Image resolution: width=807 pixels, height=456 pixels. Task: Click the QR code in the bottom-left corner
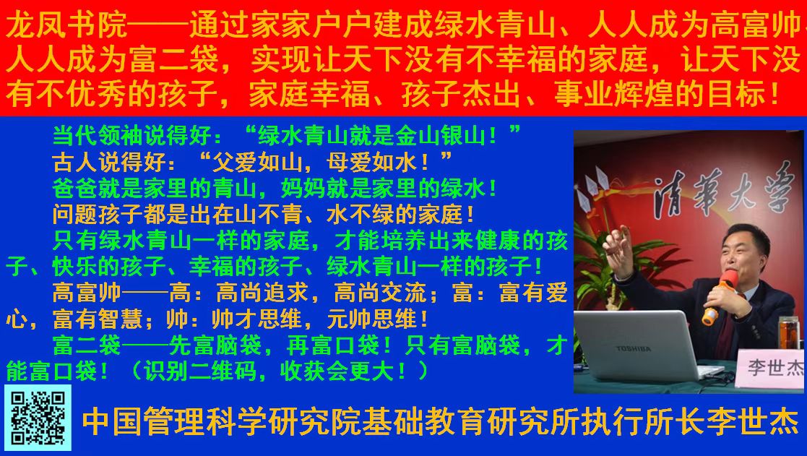pos(38,418)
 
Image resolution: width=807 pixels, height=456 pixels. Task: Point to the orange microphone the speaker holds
pos(720,296)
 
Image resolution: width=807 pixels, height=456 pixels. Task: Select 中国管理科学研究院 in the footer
pos(221,422)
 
